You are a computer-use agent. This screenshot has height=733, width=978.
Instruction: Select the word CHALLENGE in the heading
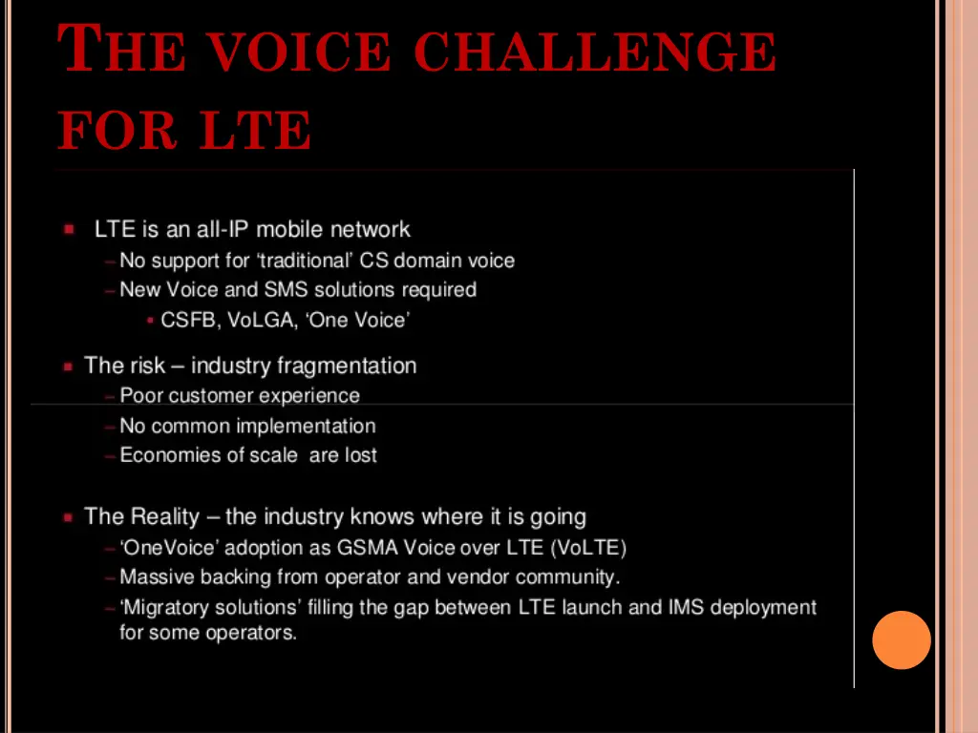coord(598,52)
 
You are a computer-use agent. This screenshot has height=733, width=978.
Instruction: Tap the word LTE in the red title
coord(255,131)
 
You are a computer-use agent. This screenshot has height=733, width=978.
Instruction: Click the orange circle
coord(901,639)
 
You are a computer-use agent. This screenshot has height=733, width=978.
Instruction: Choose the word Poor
coord(141,395)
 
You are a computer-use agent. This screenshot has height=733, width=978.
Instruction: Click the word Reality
coord(164,517)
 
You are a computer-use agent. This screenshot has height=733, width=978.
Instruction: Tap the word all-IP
coord(222,230)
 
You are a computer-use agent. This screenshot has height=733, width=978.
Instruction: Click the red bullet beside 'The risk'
coord(68,366)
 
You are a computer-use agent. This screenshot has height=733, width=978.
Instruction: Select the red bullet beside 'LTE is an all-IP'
coord(69,230)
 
